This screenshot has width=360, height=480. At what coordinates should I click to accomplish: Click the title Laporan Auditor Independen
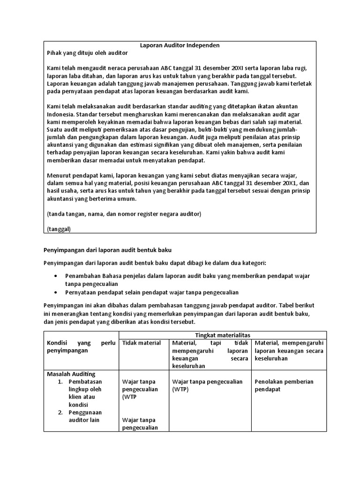pyautogui.click(x=180, y=45)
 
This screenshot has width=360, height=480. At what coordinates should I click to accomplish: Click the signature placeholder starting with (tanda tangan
pyautogui.click(x=124, y=214)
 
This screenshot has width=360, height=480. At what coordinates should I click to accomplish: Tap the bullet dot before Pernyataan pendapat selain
pyautogui.click(x=57, y=292)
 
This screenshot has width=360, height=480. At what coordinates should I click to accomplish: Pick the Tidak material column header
pyautogui.click(x=141, y=343)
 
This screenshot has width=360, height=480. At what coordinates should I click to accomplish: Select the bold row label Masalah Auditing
pyautogui.click(x=71, y=374)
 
